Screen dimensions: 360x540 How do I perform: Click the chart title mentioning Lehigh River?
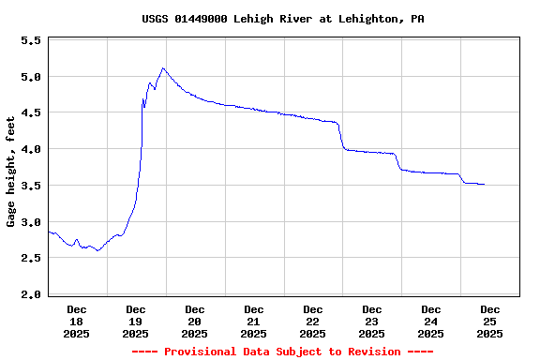pyautogui.click(x=282, y=19)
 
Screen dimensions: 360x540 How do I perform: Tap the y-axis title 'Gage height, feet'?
pyautogui.click(x=11, y=172)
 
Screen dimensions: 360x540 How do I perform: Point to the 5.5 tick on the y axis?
pyautogui.click(x=31, y=41)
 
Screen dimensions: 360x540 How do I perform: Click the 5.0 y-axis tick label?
pyautogui.click(x=31, y=77)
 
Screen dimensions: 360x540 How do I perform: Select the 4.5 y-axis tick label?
pyautogui.click(x=31, y=113)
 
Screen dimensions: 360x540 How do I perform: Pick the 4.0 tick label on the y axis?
pyautogui.click(x=31, y=149)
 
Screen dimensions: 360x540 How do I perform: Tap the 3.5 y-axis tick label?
pyautogui.click(x=31, y=186)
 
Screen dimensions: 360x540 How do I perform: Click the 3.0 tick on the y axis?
pyautogui.click(x=31, y=222)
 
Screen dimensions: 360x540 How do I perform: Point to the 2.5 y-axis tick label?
pyautogui.click(x=31, y=258)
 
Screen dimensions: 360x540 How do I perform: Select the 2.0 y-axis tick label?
pyautogui.click(x=31, y=294)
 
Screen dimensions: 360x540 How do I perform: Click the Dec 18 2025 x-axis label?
pyautogui.click(x=77, y=321)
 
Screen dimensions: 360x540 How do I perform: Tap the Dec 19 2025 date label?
pyautogui.click(x=136, y=321)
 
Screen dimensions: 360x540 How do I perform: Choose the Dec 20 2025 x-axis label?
pyautogui.click(x=195, y=321)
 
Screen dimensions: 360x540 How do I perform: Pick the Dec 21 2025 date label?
pyautogui.click(x=254, y=321)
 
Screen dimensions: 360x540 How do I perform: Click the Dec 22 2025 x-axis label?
pyautogui.click(x=313, y=321)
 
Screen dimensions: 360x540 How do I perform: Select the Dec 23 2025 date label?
pyautogui.click(x=372, y=321)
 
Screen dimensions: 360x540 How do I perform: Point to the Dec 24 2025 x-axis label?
pyautogui.click(x=431, y=321)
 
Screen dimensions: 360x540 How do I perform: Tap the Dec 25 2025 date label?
pyautogui.click(x=490, y=321)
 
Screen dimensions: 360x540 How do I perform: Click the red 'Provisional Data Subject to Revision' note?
pyautogui.click(x=282, y=352)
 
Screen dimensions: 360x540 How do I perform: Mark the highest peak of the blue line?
pyautogui.click(x=163, y=68)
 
